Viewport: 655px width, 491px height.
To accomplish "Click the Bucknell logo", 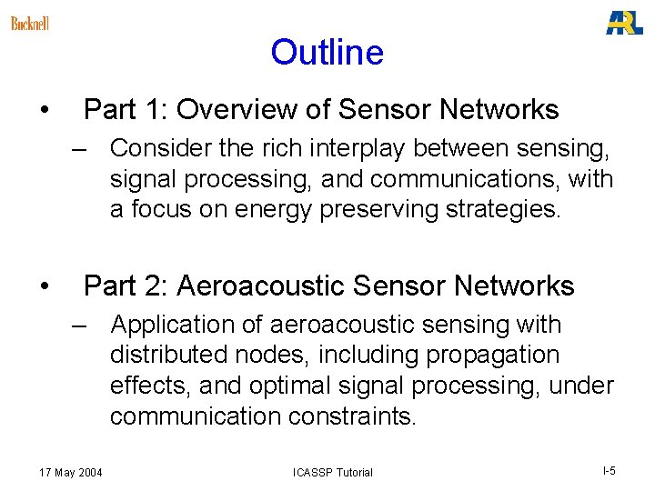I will tap(30, 23).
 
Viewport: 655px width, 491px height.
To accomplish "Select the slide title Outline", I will tap(327, 53).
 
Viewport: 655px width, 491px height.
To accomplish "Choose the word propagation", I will tap(502, 356).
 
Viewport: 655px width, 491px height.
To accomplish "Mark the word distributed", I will tap(166, 356).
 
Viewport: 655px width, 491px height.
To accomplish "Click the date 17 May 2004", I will tap(71, 472).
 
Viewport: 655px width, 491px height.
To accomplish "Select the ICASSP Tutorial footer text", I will tap(332, 472).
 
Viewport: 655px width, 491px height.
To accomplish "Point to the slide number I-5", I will tap(609, 470).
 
